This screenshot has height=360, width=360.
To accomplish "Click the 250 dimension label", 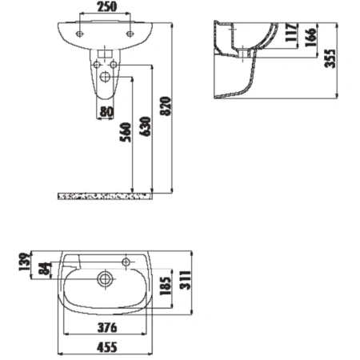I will click(x=106, y=6).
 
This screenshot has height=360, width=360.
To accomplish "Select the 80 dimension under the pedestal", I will click(x=106, y=112).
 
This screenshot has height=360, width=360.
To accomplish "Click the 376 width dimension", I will click(x=104, y=329).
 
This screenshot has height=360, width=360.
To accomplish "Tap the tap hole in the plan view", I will click(x=127, y=261).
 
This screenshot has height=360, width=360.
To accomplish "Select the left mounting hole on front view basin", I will click(x=80, y=34).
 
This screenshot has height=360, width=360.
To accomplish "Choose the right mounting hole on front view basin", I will click(x=130, y=34).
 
